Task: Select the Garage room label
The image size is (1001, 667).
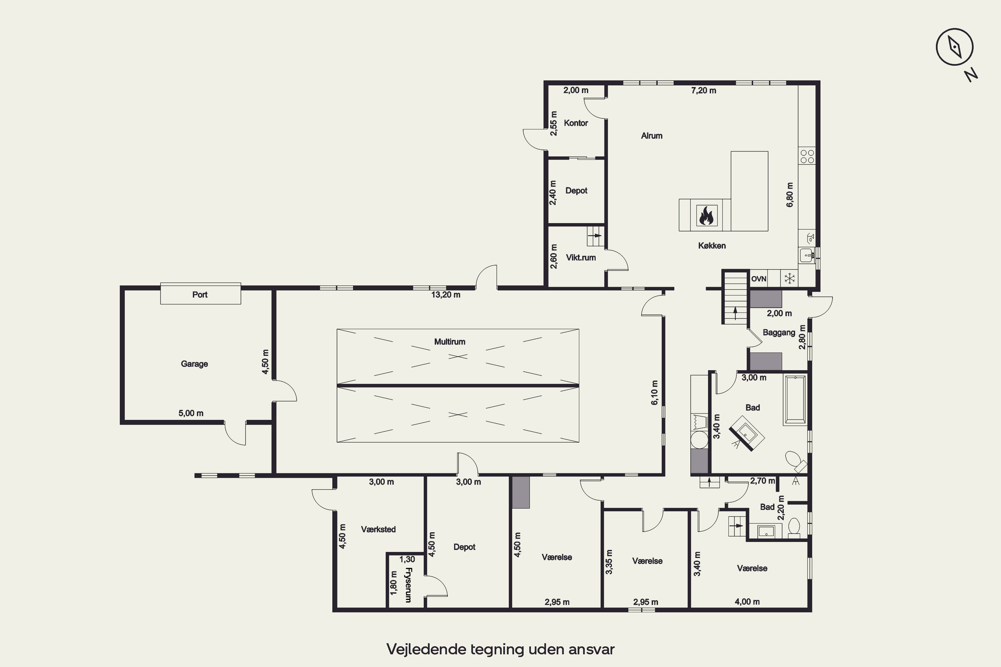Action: [x=194, y=364]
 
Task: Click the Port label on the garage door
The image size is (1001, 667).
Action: [x=200, y=294]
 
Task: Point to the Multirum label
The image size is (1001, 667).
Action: [x=449, y=342]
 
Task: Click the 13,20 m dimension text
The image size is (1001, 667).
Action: [x=445, y=294]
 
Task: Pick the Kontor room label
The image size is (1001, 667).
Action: [x=576, y=123]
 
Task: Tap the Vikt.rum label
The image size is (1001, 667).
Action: [x=581, y=257]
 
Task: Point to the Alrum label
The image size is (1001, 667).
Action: [x=652, y=136]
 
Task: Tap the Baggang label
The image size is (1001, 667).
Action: [x=779, y=332]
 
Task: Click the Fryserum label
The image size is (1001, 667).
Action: [x=408, y=585]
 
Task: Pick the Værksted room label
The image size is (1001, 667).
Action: [x=378, y=529]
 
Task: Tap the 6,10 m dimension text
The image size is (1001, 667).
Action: [x=655, y=393]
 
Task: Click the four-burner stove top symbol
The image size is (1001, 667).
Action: [x=807, y=156]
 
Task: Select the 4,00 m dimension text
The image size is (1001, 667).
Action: [x=747, y=602]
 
